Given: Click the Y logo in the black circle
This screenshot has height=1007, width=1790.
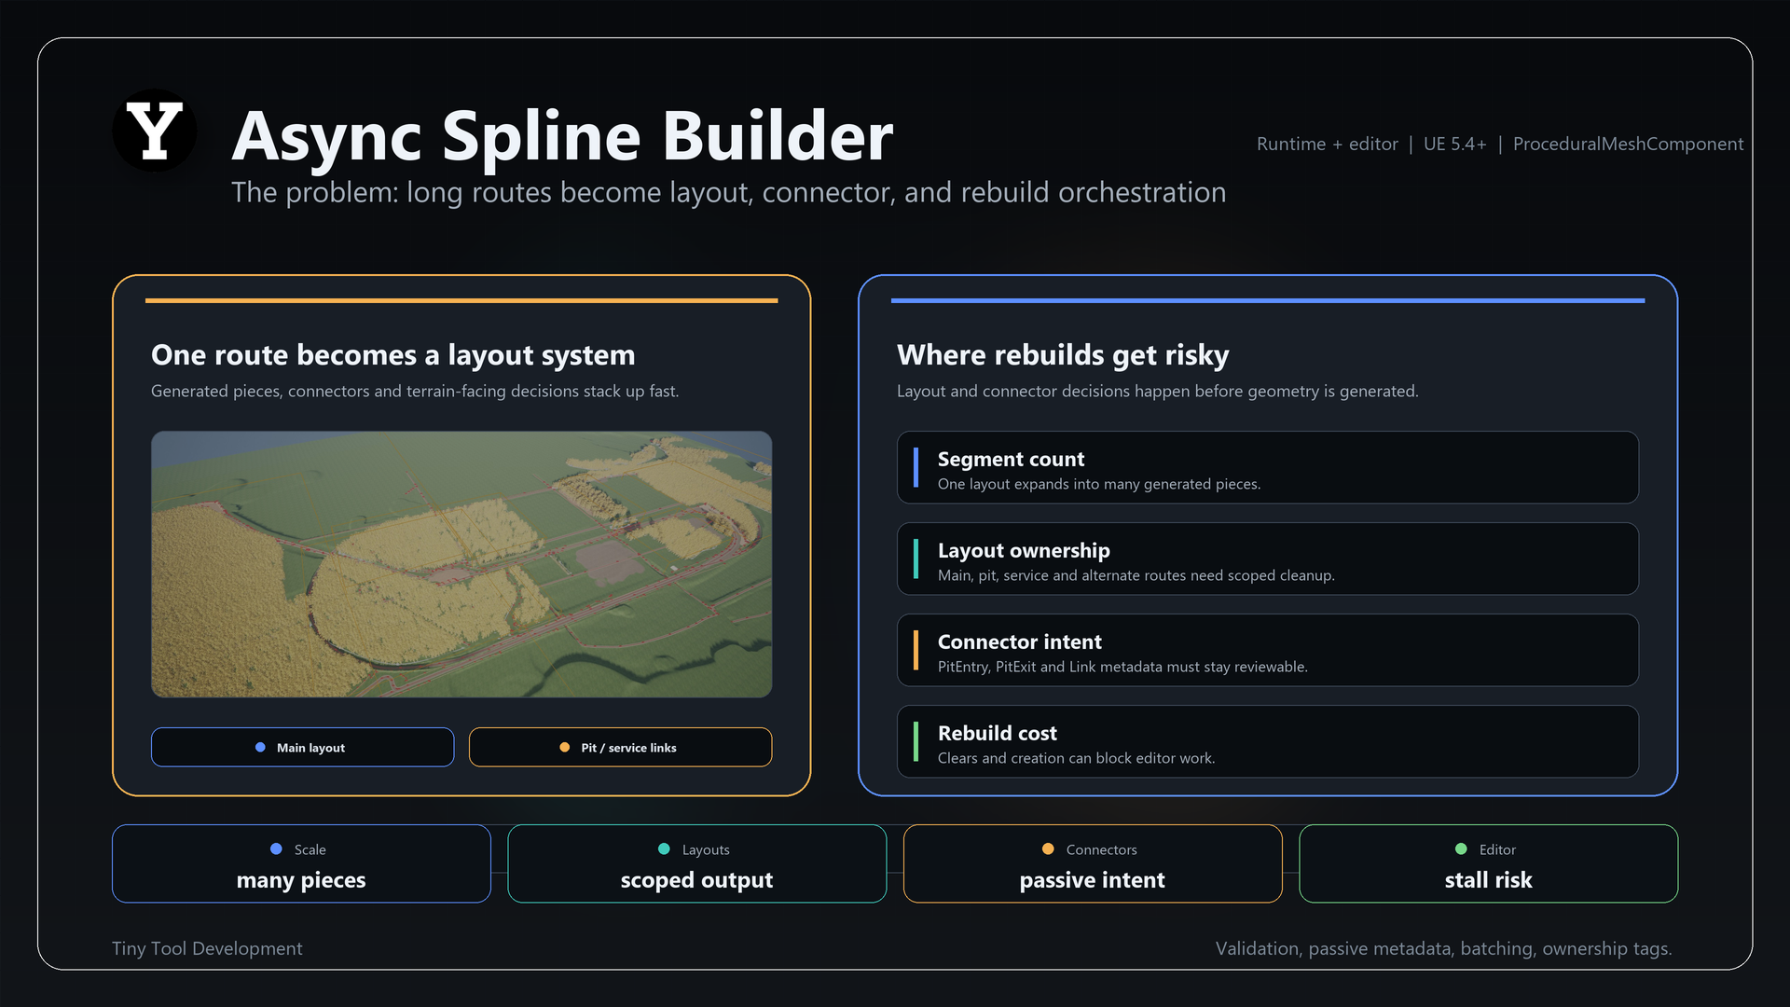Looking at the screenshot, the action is click(155, 131).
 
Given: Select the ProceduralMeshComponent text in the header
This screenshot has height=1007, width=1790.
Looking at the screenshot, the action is click(1628, 144).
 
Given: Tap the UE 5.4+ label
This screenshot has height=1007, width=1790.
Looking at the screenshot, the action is click(1454, 144).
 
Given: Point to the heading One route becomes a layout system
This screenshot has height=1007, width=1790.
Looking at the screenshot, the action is click(392, 355).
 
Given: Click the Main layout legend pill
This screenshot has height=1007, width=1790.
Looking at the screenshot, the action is click(302, 747).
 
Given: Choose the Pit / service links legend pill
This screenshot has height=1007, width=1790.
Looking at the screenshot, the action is click(620, 747).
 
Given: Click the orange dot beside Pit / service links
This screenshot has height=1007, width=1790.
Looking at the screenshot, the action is click(564, 747).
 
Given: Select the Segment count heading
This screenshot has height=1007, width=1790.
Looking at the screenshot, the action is click(1011, 459).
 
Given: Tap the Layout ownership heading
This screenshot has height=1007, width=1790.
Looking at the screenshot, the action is click(1024, 550).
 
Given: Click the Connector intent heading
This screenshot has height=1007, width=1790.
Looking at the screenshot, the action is click(1019, 641).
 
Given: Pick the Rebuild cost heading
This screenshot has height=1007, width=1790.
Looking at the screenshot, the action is click(997, 733).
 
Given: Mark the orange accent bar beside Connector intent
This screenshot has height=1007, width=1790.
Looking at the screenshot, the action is click(916, 650).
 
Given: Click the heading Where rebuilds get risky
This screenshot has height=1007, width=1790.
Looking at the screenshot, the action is click(1063, 355).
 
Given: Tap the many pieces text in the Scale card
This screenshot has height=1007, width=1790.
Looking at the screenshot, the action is click(301, 880).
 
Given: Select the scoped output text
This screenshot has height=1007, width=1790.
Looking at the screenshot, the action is click(696, 880).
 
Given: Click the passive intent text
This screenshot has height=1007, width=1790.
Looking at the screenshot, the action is click(1092, 880).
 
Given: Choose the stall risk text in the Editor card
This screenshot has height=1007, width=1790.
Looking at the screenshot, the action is click(1488, 880).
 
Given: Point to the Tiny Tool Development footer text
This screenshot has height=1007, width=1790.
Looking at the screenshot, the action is click(207, 948).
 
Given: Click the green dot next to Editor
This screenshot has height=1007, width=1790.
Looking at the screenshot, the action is click(1461, 848).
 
